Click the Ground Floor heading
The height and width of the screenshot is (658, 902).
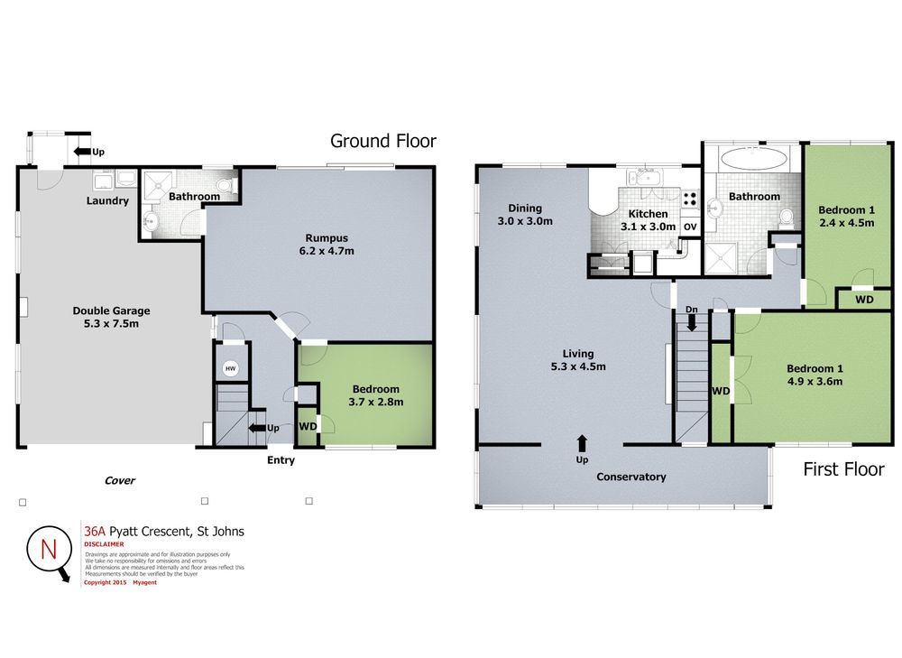pyautogui.click(x=382, y=141)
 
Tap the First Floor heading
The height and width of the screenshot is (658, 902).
pyautogui.click(x=843, y=469)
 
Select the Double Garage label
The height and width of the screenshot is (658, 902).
pyautogui.click(x=111, y=310)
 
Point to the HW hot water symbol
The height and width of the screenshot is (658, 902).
pyautogui.click(x=230, y=368)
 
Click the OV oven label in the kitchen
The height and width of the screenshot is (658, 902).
pyautogui.click(x=690, y=227)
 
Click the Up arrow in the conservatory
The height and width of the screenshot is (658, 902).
pyautogui.click(x=582, y=442)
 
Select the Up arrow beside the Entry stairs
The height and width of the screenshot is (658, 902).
pyautogui.click(x=257, y=427)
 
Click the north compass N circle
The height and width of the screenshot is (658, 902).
pyautogui.click(x=48, y=548)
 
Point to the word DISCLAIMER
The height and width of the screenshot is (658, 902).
pyautogui.click(x=104, y=544)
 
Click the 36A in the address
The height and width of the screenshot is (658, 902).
pyautogui.click(x=94, y=532)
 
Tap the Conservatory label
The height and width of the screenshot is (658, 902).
pyautogui.click(x=630, y=477)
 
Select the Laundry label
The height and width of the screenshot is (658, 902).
pyautogui.click(x=107, y=201)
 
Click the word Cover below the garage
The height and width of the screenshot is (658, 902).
pyautogui.click(x=119, y=480)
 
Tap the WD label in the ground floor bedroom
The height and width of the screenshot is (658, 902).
pyautogui.click(x=307, y=427)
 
